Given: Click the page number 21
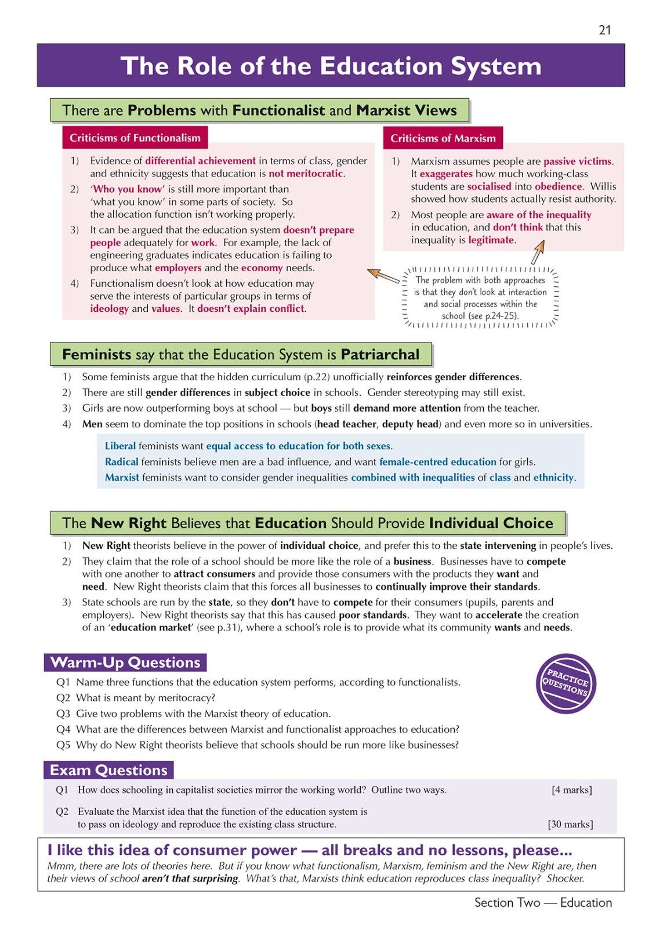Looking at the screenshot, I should pyautogui.click(x=604, y=30).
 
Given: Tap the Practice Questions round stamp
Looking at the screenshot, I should pyautogui.click(x=566, y=683).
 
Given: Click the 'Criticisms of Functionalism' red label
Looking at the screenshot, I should pyautogui.click(x=135, y=138).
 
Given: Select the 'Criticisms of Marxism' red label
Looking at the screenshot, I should pyautogui.click(x=443, y=138).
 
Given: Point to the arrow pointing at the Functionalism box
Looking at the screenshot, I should pyautogui.click(x=383, y=275).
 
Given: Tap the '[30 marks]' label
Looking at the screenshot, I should pyautogui.click(x=570, y=824).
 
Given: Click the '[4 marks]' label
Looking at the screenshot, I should pyautogui.click(x=571, y=790).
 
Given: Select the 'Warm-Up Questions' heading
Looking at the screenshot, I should pyautogui.click(x=125, y=662).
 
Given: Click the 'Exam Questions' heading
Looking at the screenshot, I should pyautogui.click(x=108, y=770).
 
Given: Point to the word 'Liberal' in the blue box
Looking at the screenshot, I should pyautogui.click(x=120, y=446).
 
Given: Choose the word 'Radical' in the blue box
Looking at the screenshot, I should pyautogui.click(x=121, y=462).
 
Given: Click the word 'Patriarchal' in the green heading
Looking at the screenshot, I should pyautogui.click(x=380, y=354).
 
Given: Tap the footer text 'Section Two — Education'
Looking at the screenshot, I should pyautogui.click(x=543, y=902).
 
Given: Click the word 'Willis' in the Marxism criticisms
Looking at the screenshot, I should pyautogui.click(x=603, y=186).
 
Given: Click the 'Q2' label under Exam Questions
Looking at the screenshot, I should pyautogui.click(x=62, y=811).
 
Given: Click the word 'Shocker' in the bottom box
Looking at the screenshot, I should pyautogui.click(x=564, y=878).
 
